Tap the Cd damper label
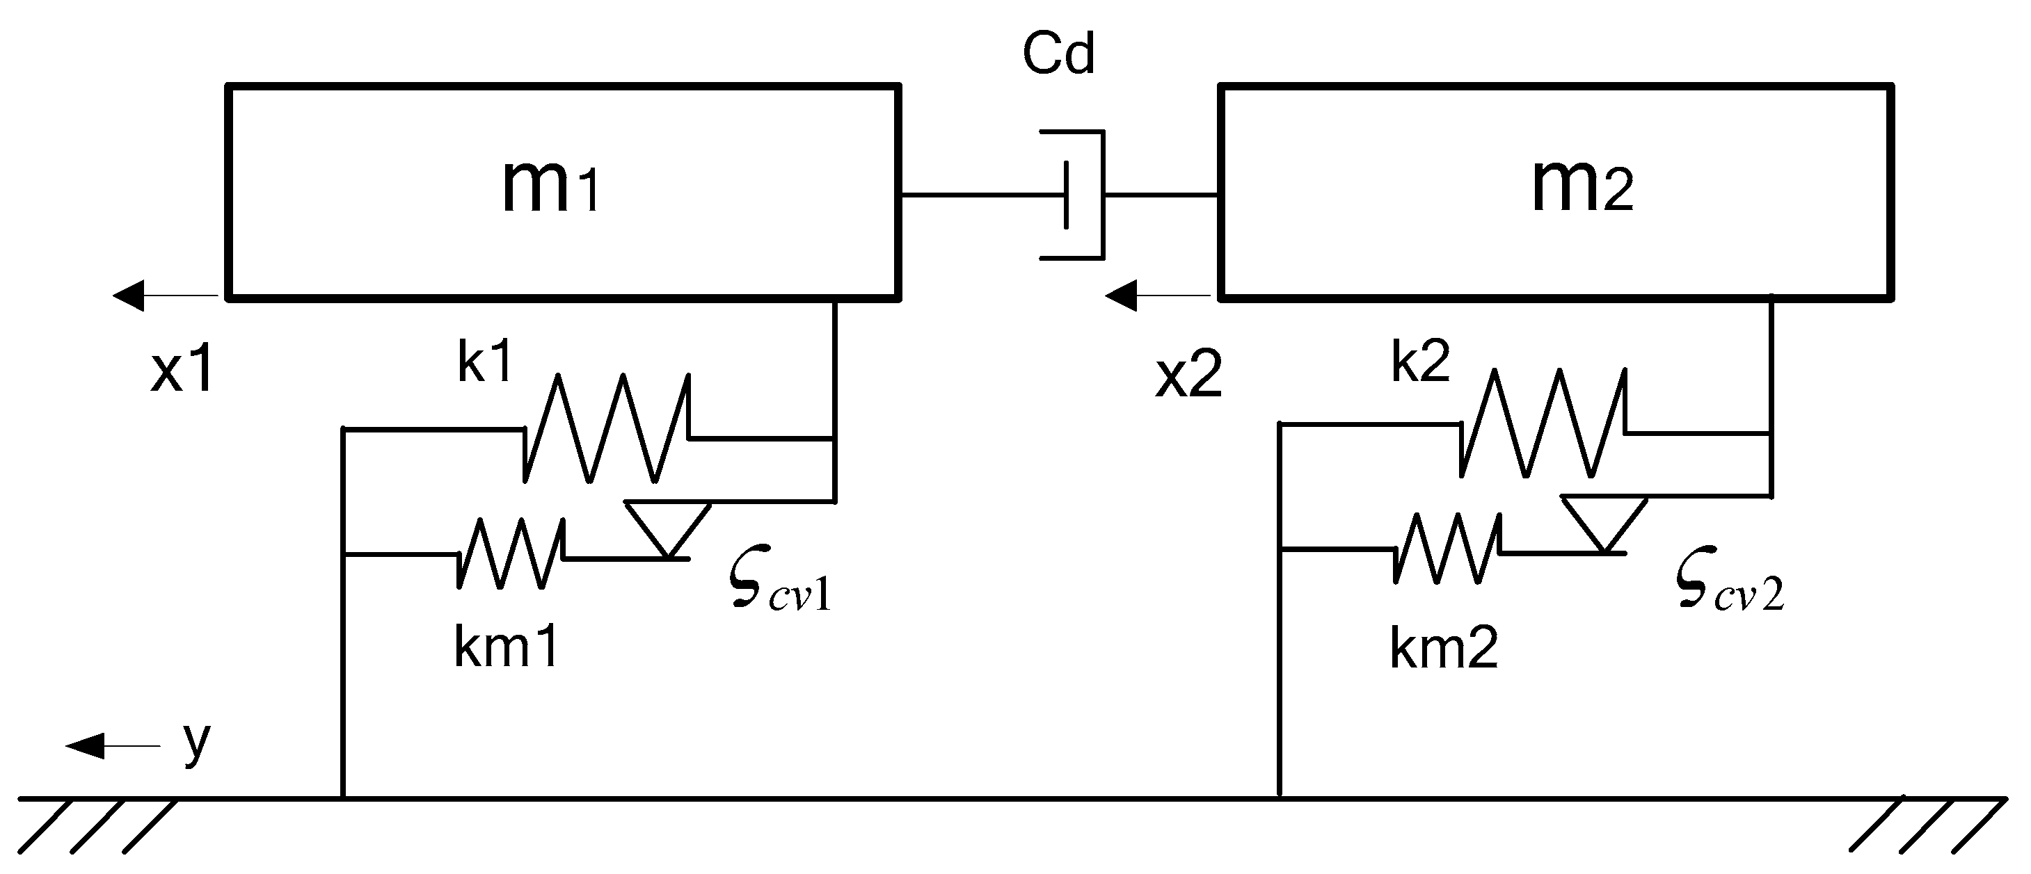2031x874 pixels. coord(1058,54)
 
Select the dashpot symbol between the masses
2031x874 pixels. coord(1080,195)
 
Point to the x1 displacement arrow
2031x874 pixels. coord(166,296)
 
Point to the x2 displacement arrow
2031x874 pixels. coord(1157,296)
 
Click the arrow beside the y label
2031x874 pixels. coord(112,745)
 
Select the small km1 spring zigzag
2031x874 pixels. coord(511,554)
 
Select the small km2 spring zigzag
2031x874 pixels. coord(1447,549)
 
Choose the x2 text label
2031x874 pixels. coord(1189,375)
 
